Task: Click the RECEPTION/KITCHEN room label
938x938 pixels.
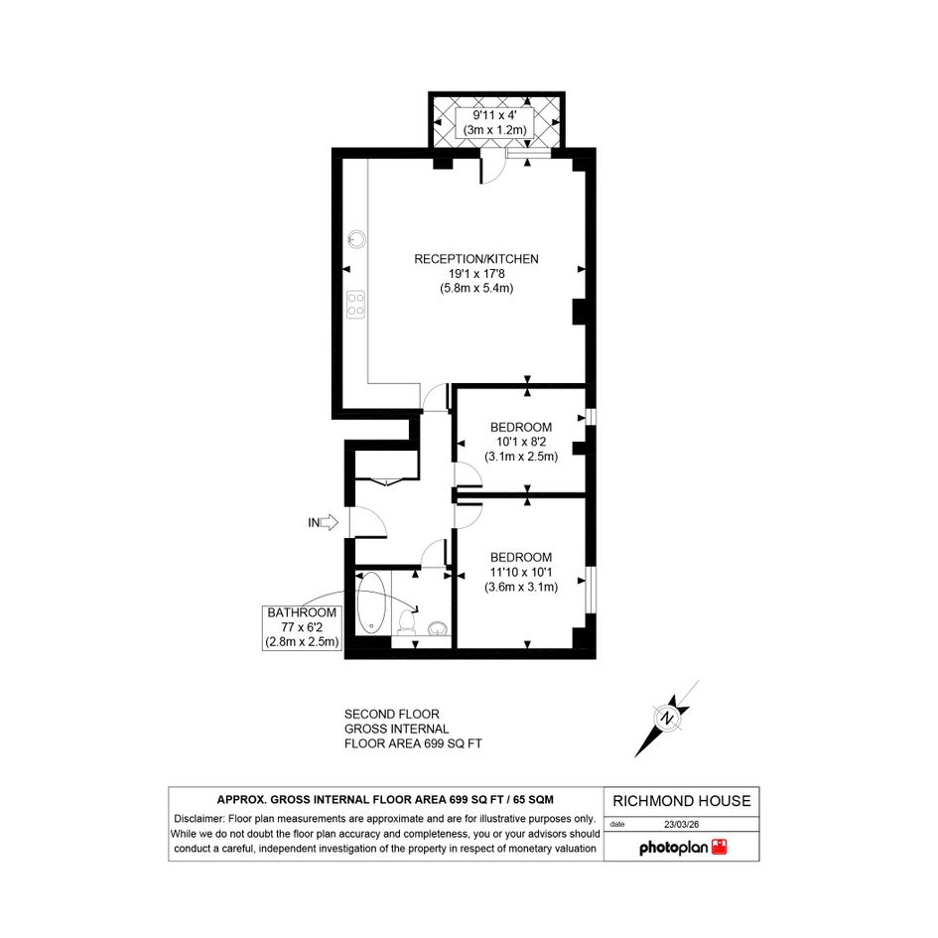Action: pos(476,259)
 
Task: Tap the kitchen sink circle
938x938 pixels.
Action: pos(357,239)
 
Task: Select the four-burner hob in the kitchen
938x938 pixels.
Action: pos(356,304)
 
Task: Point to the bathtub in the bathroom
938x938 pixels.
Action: pos(372,603)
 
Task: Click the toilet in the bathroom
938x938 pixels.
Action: pos(407,622)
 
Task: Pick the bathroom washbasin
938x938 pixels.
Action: pos(438,627)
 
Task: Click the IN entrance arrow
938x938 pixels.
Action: pos(329,522)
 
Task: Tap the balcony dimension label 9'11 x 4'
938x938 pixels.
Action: pos(494,115)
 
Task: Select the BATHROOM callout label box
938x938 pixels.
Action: pos(302,627)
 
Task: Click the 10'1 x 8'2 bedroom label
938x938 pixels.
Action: pos(521,442)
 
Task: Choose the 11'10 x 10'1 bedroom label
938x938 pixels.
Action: pos(521,572)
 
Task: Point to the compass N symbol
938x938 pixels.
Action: pos(666,718)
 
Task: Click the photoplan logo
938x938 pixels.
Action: pos(683,847)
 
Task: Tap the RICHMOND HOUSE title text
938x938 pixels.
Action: pos(681,801)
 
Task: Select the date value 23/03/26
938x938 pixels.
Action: pos(681,824)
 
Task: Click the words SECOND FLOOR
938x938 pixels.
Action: pos(392,715)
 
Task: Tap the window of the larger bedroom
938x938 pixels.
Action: pos(591,590)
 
